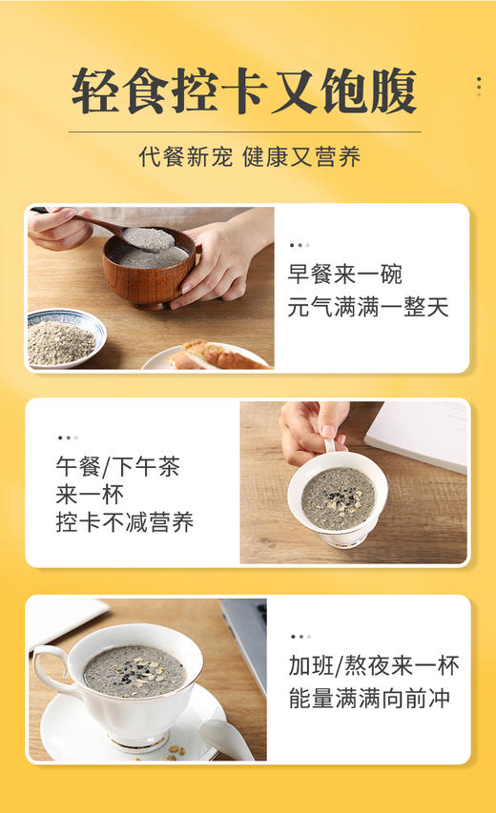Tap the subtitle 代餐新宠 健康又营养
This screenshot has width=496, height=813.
249,157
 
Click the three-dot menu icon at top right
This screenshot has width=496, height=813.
478,86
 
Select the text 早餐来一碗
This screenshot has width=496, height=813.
345,275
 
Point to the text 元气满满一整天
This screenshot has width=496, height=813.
368,308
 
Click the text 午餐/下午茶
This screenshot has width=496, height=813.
117,467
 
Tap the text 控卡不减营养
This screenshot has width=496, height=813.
125,522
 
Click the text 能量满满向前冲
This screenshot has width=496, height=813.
368,698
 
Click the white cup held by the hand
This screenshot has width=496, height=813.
337,503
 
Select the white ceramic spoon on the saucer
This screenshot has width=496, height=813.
225,739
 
